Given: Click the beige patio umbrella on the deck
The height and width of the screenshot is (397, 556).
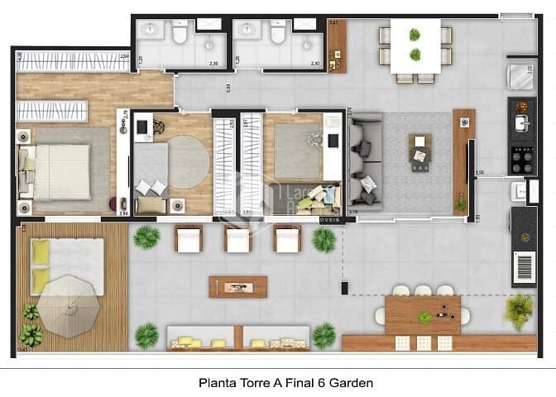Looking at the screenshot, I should [69, 304].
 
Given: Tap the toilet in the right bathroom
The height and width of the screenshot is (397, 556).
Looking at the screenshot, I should [278, 33].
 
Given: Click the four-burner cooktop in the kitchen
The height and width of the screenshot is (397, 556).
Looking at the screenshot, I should [523, 159].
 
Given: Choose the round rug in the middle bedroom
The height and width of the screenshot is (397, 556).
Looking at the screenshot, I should [189, 161].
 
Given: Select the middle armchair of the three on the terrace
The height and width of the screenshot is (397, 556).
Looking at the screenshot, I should [238, 239].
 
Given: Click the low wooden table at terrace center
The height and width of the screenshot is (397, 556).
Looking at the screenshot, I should [238, 286].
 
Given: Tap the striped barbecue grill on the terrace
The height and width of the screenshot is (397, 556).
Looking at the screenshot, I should [525, 269].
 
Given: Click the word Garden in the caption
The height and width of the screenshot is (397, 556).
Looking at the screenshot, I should [354, 383].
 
